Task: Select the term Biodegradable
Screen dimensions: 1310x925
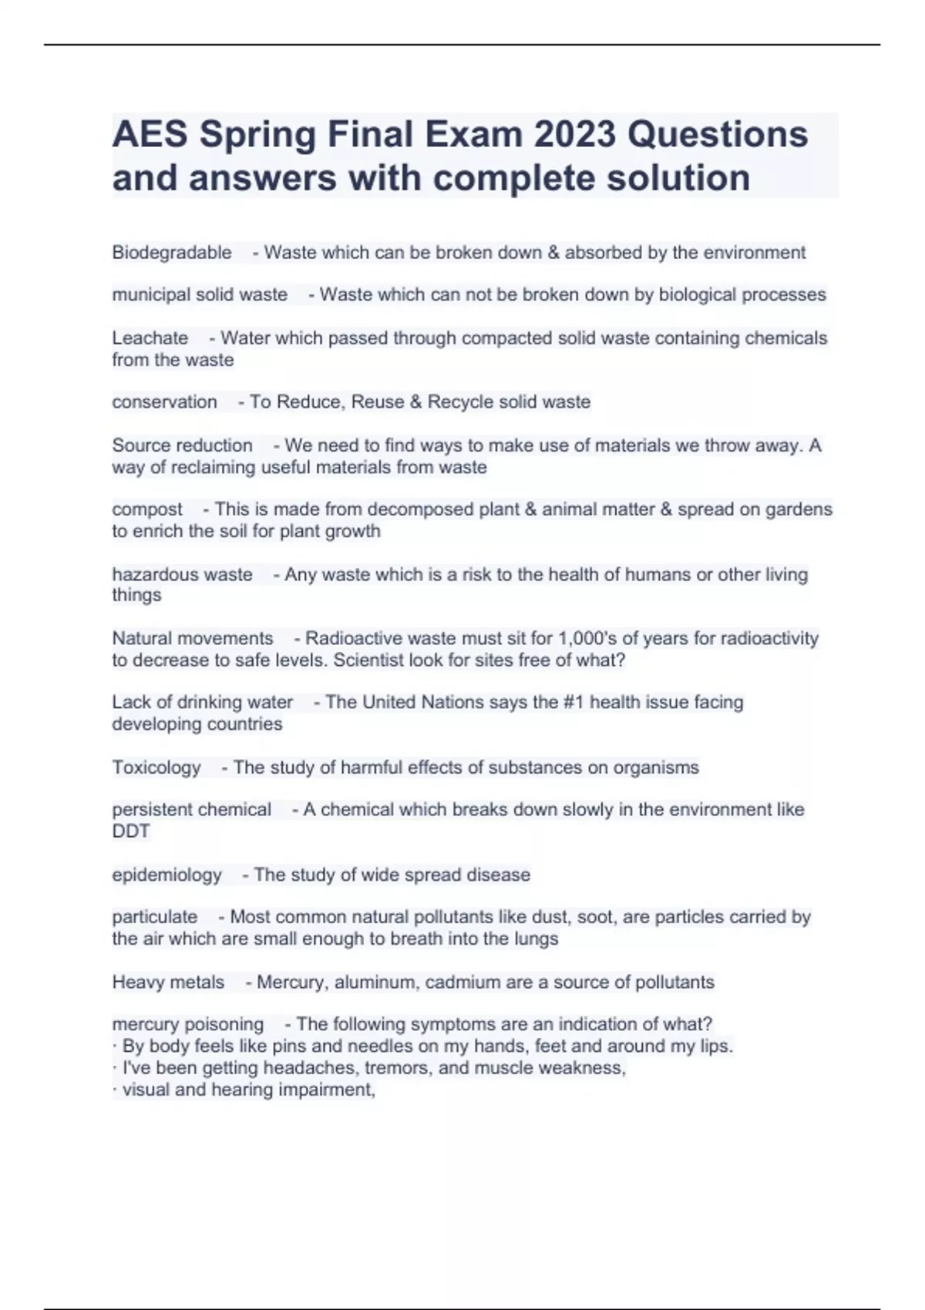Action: (172, 253)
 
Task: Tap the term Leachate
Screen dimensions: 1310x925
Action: (150, 338)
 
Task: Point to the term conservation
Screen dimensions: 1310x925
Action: (164, 402)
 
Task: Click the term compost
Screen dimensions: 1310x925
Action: (147, 509)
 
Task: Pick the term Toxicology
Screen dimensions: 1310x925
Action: (156, 768)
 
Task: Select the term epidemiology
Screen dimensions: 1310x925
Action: (166, 875)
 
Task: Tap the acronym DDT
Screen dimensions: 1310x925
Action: (131, 831)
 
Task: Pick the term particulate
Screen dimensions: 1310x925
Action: (155, 917)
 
